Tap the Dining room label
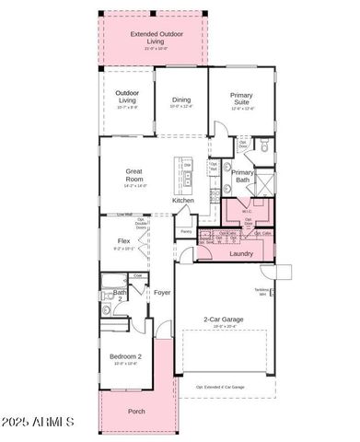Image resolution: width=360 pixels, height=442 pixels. [x=180, y=99]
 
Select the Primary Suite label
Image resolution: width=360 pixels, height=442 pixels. [x=242, y=98]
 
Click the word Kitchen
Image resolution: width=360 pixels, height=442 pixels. [x=183, y=200]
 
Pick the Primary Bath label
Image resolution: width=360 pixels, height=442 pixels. [x=242, y=176]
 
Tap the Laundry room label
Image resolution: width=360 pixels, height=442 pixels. [x=241, y=253]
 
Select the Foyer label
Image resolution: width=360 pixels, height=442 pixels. [x=162, y=293]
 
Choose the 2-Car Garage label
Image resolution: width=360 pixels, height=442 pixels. [x=224, y=320]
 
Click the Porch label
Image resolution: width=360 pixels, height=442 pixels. [x=136, y=411]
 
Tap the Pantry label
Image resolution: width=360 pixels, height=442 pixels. [x=186, y=232]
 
